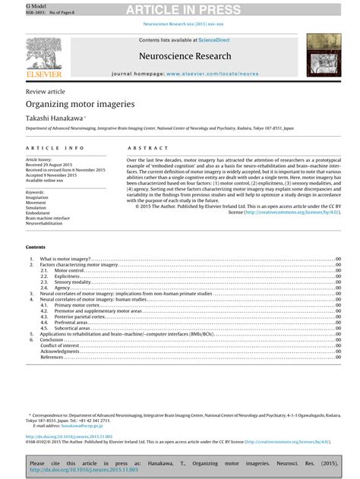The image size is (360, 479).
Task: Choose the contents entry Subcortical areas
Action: tap(73, 328)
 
